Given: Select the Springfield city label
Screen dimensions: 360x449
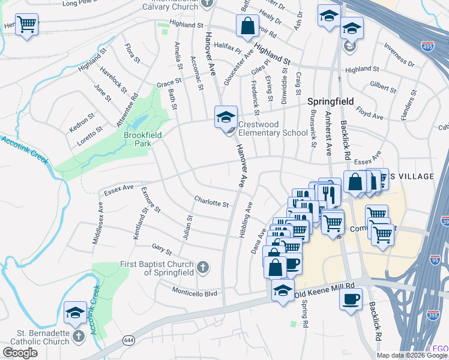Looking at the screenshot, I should pos(331,101).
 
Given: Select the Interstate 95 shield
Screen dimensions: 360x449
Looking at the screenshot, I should pos(436,260).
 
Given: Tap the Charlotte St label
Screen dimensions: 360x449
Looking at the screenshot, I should pos(211,202).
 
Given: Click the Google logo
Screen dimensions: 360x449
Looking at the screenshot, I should pos(20,353).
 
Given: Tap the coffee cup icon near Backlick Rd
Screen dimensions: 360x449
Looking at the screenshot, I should pos(351,298).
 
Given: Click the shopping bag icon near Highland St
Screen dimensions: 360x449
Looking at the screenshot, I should pos(247,26).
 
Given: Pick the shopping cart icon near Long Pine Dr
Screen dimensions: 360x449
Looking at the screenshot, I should pos(26,26).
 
